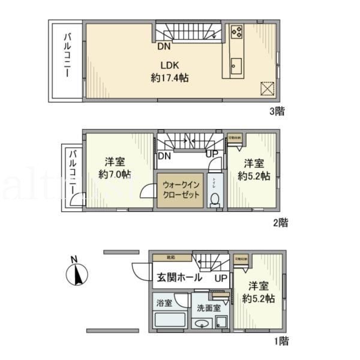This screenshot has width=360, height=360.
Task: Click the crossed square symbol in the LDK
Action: coord(267,88)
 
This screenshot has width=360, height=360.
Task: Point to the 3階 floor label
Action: coord(277,110)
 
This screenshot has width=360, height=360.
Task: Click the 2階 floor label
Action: coord(280,223)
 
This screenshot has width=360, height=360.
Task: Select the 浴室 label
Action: coord(164,303)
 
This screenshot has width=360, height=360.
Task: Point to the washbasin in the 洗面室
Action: coord(202,324)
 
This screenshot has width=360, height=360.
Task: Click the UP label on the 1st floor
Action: coord(220,278)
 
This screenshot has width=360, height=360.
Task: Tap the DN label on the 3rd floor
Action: coord(163,46)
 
